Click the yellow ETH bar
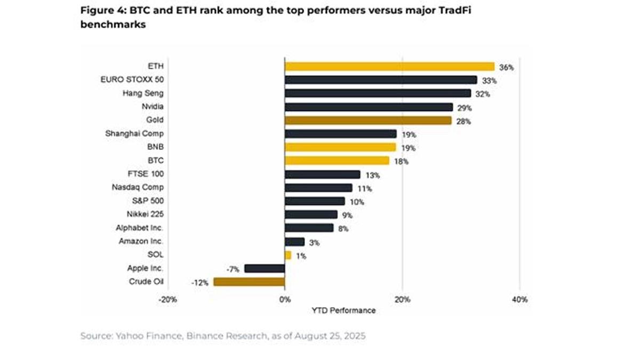pyautogui.click(x=389, y=66)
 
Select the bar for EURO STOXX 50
pyautogui.click(x=381, y=80)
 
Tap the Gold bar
pyautogui.click(x=368, y=121)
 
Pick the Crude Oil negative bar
pyautogui.click(x=249, y=282)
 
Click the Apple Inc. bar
pyautogui.click(x=265, y=268)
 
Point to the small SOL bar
pyautogui.click(x=288, y=255)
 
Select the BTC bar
pyautogui.click(x=337, y=161)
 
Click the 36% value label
pyautogui.click(x=506, y=67)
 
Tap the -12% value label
pyautogui.click(x=199, y=283)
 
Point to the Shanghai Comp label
pyautogui.click(x=134, y=134)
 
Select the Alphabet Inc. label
pyautogui.click(x=140, y=228)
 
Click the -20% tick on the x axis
pyautogui.click(x=167, y=300)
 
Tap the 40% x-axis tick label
pyautogui.click(x=519, y=300)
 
